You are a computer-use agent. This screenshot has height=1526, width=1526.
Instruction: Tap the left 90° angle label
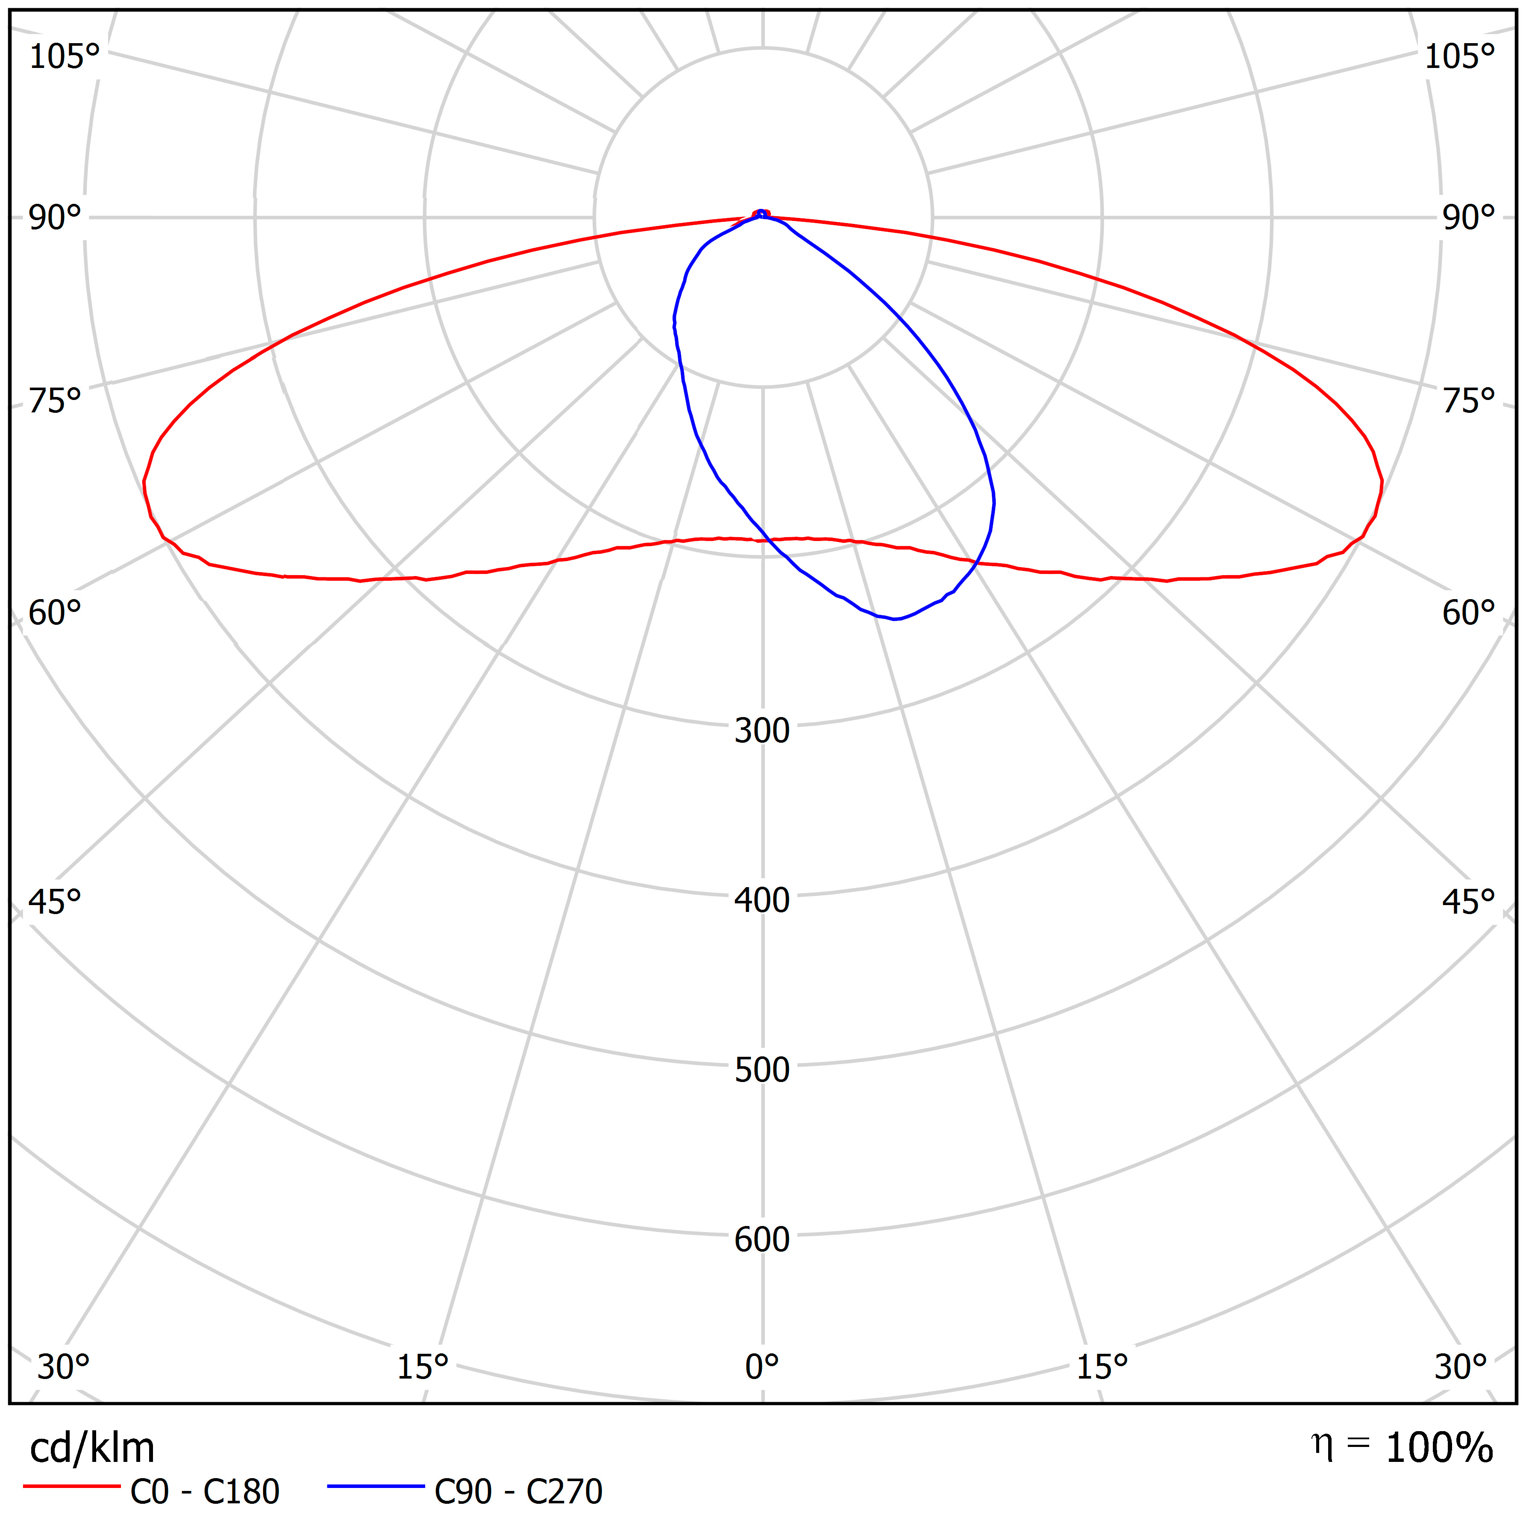click(55, 218)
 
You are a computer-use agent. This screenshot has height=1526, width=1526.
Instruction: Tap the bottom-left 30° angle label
click(63, 1367)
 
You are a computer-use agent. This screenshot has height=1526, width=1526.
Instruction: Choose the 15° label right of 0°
click(1102, 1367)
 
